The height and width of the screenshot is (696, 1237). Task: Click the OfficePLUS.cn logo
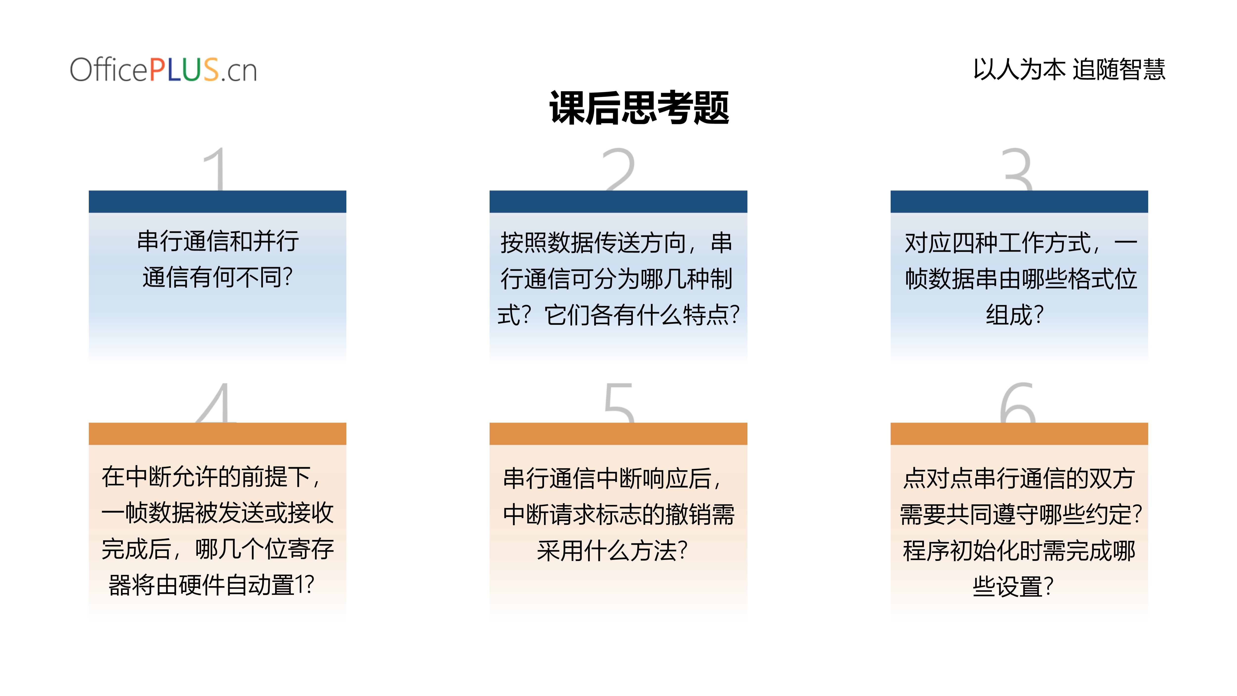(x=163, y=70)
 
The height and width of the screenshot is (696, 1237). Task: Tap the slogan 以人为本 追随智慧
(x=1069, y=69)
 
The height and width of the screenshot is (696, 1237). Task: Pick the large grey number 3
(x=1017, y=169)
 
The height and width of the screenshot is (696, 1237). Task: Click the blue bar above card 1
(x=217, y=202)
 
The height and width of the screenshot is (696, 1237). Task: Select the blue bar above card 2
(x=618, y=202)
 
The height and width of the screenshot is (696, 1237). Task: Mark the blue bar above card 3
(x=1019, y=202)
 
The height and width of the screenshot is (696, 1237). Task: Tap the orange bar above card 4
(x=217, y=434)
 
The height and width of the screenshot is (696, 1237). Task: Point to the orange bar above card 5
(x=618, y=434)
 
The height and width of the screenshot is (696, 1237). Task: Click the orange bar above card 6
(x=1019, y=434)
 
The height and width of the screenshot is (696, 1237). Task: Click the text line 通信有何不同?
(x=217, y=277)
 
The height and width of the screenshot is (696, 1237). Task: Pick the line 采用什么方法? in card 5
(x=612, y=550)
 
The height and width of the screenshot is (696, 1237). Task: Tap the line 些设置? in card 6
(x=1013, y=587)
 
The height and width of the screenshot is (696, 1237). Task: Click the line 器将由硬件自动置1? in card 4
(x=211, y=585)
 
